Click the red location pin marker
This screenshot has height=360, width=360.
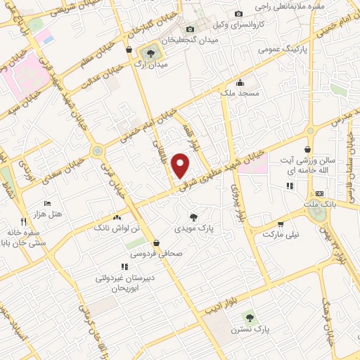point(181,165)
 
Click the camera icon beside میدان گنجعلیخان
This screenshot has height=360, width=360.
point(190,29)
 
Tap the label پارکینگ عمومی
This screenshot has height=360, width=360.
point(261,50)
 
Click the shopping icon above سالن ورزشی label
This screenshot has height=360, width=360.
point(308,149)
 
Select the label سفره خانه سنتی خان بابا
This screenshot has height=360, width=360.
point(25,238)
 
